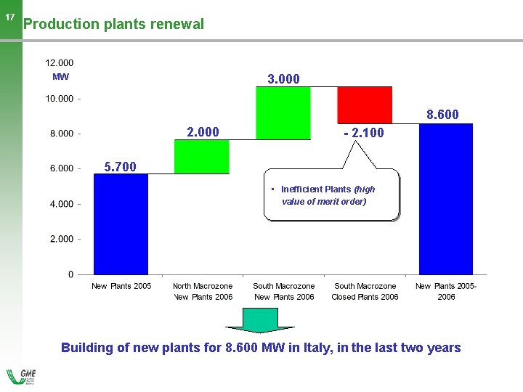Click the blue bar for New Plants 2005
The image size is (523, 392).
[x=121, y=224]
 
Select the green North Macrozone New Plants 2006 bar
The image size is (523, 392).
[x=202, y=157]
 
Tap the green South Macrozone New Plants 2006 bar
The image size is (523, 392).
[x=283, y=113]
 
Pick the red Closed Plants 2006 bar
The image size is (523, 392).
[x=365, y=105]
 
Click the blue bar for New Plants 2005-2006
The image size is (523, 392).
[x=446, y=198]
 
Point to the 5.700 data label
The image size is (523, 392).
[x=121, y=167]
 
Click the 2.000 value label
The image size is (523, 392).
[x=203, y=132]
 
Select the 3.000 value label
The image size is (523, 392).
[x=283, y=78]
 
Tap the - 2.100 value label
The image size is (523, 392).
[x=363, y=134]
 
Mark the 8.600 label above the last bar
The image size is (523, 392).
[x=442, y=115]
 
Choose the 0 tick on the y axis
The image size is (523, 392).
[x=70, y=274]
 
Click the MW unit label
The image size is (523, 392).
[x=60, y=76]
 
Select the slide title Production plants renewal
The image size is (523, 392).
[x=113, y=24]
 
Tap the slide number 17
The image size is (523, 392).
[x=10, y=17]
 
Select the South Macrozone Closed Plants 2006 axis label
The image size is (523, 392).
[x=365, y=291]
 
